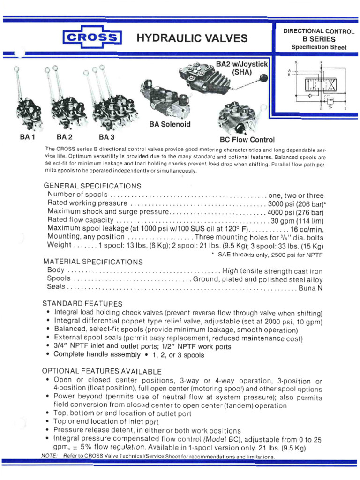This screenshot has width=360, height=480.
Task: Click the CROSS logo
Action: click(x=91, y=38)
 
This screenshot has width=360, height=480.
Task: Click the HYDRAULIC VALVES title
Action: click(x=192, y=38)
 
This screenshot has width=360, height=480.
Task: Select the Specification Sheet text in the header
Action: click(x=319, y=47)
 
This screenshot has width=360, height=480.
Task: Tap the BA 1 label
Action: click(x=28, y=137)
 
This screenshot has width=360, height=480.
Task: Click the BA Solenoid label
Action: click(x=169, y=125)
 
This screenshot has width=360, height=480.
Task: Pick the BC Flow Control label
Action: click(x=247, y=140)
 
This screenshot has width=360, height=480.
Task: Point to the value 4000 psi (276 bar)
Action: click(x=296, y=212)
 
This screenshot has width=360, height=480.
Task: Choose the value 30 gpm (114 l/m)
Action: click(x=297, y=220)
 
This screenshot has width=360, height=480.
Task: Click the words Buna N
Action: click(x=311, y=288)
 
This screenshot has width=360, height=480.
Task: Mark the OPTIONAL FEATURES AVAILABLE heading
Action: click(x=102, y=371)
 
